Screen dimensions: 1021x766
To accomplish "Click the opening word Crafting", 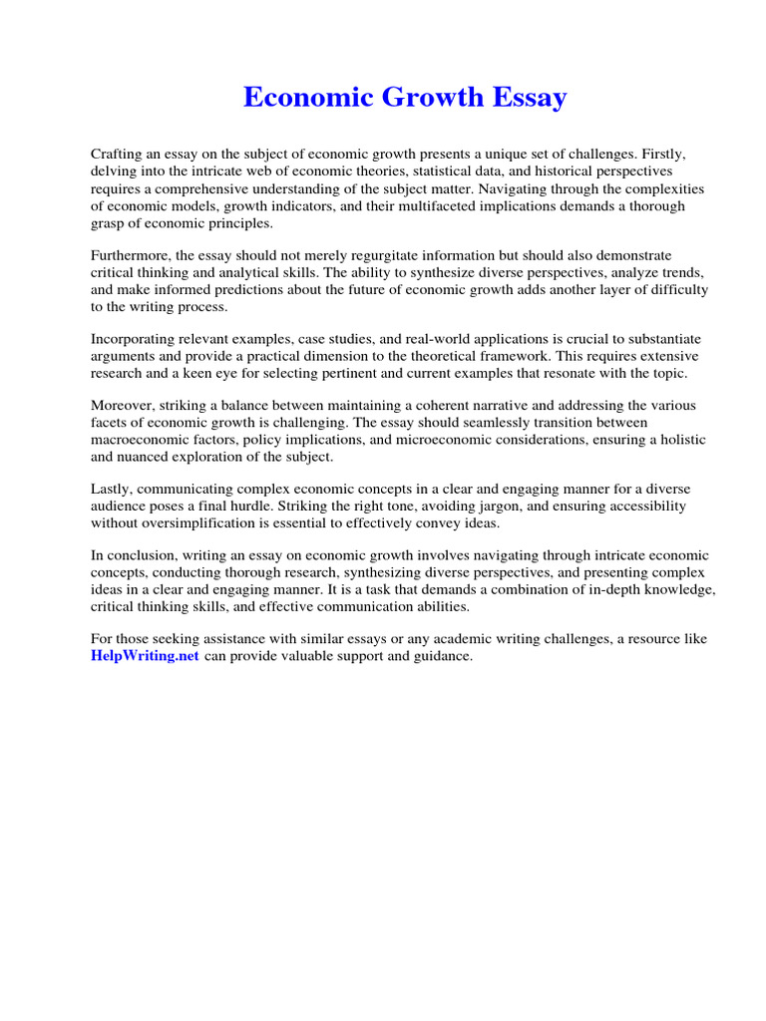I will [118, 155].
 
